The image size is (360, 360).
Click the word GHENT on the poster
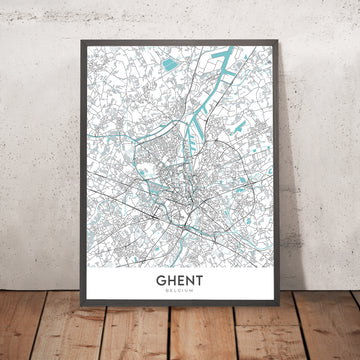pos(180,284)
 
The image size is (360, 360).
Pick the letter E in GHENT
pos(180,284)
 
